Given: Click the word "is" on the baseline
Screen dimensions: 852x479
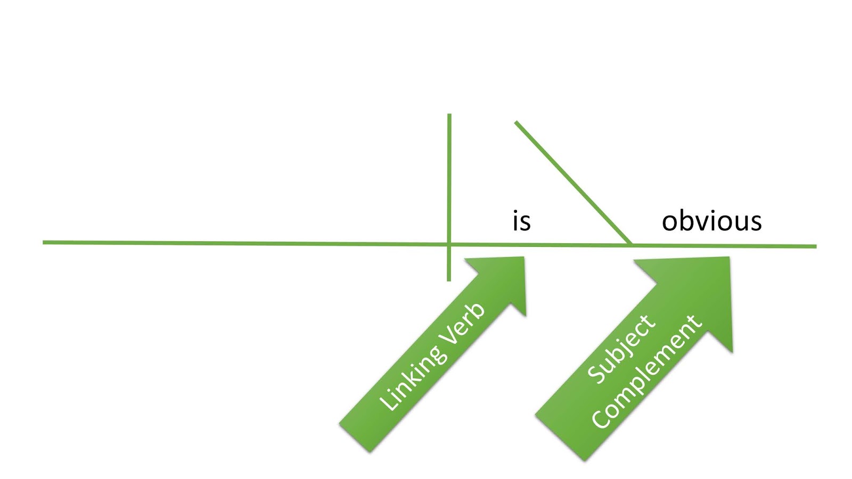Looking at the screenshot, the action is click(521, 220).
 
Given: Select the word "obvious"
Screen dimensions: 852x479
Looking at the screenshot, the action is click(711, 220).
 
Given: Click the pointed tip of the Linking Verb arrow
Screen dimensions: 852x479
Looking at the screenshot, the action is click(524, 258).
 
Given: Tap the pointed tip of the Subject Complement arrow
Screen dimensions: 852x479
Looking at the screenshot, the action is click(729, 258).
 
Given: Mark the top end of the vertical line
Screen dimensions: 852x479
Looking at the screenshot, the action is click(449, 114).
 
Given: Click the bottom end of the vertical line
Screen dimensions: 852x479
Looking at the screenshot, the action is click(449, 281).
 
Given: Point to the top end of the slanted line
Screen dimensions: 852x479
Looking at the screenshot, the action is click(516, 122).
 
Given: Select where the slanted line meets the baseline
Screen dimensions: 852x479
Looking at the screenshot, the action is click(630, 245).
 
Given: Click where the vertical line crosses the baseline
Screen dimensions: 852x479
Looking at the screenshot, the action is click(449, 244).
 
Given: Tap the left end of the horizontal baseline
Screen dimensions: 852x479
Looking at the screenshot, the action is click(43, 242).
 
